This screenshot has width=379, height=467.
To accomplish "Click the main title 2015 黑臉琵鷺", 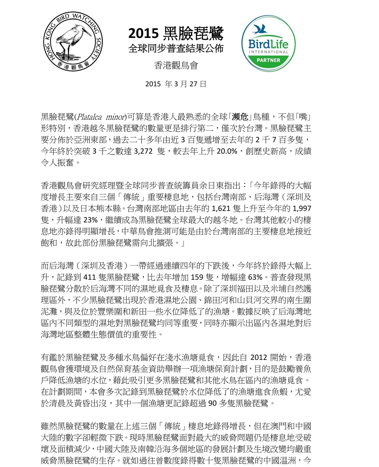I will point(176,33).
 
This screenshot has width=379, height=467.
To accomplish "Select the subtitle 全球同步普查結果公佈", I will point(176,48).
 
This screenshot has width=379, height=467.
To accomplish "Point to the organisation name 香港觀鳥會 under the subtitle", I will point(176,65).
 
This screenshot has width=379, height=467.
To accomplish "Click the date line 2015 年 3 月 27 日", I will point(176,84).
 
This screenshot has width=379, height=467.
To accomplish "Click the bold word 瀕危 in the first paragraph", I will point(240,117).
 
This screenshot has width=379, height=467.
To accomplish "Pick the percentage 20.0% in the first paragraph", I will point(227,151).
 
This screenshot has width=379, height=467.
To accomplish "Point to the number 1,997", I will point(302,208).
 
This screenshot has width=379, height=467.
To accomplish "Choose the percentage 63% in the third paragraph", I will point(256,277).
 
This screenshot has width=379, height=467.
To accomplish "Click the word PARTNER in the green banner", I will point(268,60).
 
